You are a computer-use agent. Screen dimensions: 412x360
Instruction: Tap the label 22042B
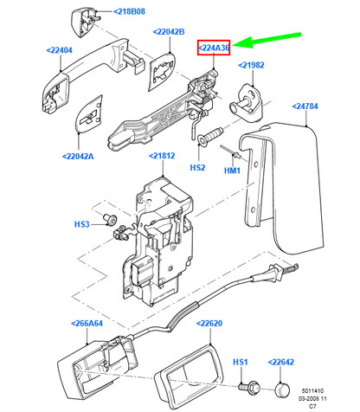point(169,33)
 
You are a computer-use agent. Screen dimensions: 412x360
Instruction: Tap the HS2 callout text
point(198,166)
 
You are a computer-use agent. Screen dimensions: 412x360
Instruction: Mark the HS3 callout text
point(81,225)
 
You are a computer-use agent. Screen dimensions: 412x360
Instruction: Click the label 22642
point(288,361)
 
